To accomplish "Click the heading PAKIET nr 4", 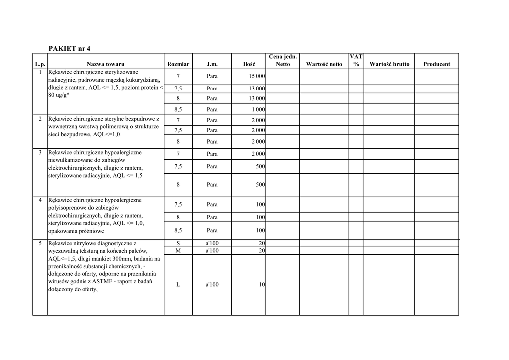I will [x=70, y=48].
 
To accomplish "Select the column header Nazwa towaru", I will [x=105, y=64].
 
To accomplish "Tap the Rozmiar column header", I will [x=178, y=64].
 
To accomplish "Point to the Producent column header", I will [x=436, y=64].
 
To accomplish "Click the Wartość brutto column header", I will [x=389, y=64].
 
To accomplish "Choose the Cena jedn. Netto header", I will [x=283, y=60].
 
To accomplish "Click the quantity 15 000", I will [x=256, y=76].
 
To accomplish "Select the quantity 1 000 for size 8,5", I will [x=258, y=109].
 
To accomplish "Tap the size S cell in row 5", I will [x=178, y=243].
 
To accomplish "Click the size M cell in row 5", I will [x=178, y=250].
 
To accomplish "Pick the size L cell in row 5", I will [x=178, y=284].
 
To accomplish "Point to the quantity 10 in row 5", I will [x=262, y=284].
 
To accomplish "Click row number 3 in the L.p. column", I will [x=40, y=152].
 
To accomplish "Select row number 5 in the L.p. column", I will [x=40, y=243].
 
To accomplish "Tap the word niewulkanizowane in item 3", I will [x=74, y=160].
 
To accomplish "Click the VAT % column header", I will [x=356, y=60].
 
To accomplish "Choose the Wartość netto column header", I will [x=324, y=64].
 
